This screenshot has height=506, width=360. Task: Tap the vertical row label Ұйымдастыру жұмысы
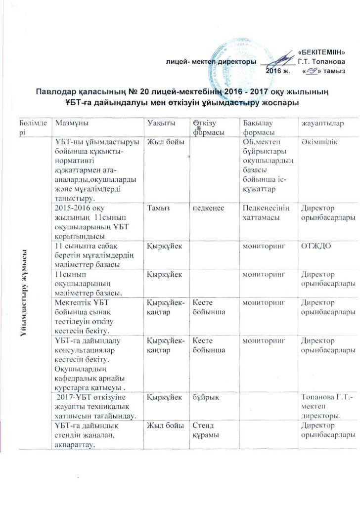click(23, 295)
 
